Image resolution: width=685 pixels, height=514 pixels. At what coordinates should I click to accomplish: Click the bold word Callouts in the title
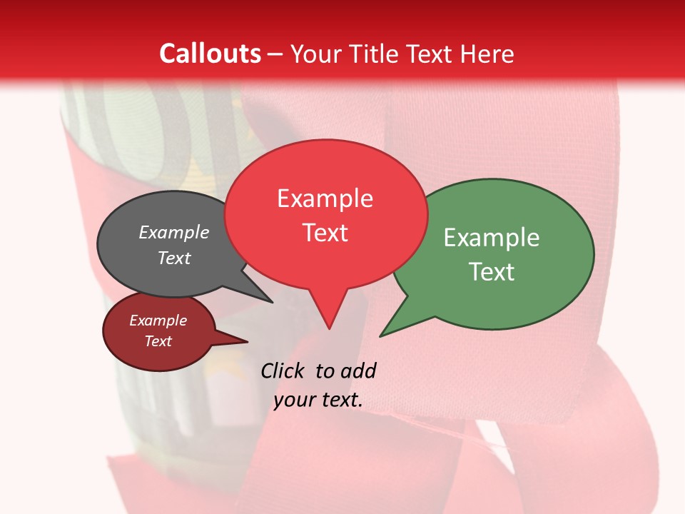[x=210, y=54]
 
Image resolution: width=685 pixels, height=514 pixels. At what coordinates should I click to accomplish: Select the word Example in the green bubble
[x=492, y=238]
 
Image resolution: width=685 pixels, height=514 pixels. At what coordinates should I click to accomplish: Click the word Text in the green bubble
[x=492, y=272]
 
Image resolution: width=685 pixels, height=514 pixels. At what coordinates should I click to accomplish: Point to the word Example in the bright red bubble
[x=325, y=198]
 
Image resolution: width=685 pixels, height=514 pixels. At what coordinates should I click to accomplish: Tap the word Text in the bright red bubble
[x=325, y=233]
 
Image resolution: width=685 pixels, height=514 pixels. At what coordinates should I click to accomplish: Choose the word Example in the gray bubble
[x=174, y=233]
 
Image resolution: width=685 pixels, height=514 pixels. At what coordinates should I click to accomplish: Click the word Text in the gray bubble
[x=174, y=258]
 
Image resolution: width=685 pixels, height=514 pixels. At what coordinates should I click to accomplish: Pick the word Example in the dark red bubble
[x=158, y=321]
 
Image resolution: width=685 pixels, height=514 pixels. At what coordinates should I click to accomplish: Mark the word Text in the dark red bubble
[x=158, y=341]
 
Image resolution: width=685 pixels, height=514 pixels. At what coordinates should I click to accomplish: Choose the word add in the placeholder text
[x=358, y=371]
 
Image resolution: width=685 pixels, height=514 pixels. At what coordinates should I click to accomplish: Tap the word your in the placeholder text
[x=293, y=400]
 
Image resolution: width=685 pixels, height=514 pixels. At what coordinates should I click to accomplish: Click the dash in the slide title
[x=275, y=54]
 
